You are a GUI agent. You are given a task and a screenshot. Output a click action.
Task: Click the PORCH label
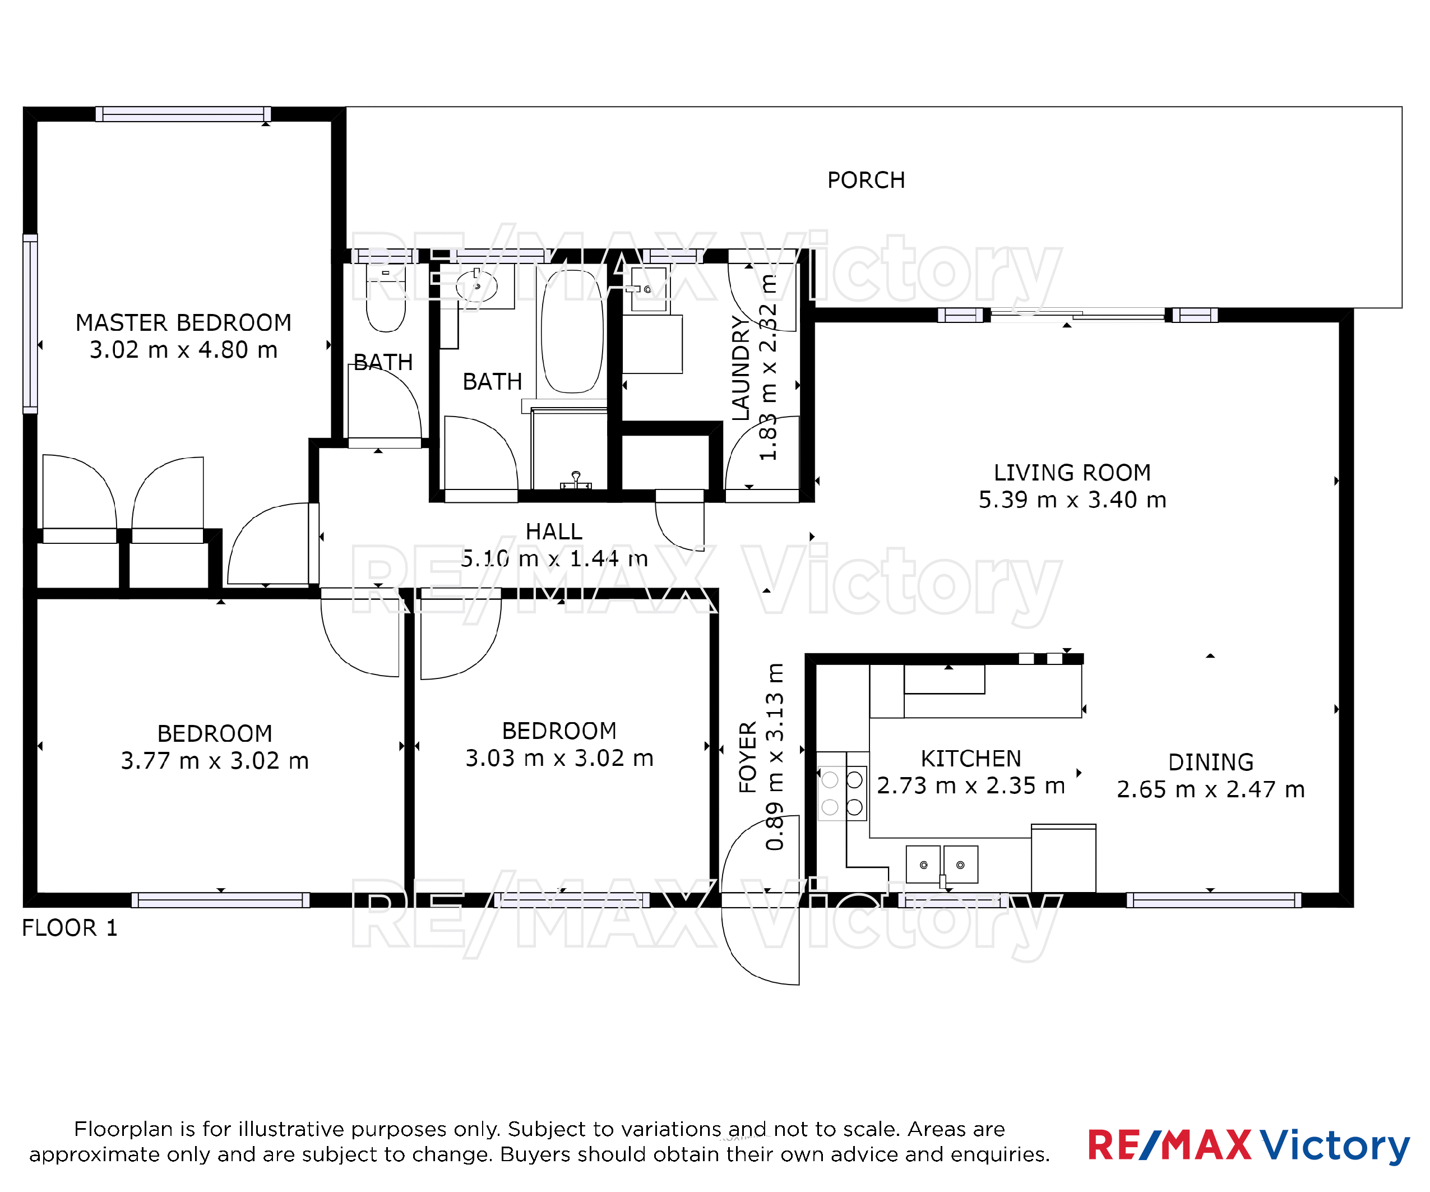[866, 180]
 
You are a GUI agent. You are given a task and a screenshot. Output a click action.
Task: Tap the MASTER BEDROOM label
[183, 322]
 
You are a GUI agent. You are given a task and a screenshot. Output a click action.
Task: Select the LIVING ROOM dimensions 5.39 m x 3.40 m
[1072, 500]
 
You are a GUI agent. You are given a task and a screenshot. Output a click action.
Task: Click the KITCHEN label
[970, 758]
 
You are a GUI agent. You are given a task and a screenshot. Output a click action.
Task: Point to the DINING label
[1211, 761]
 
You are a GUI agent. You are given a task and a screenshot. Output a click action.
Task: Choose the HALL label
[554, 532]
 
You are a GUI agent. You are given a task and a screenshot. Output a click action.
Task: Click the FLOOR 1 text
[70, 928]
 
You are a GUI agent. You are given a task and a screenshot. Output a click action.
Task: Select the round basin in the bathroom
[476, 287]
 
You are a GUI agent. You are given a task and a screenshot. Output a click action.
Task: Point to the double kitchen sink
[942, 865]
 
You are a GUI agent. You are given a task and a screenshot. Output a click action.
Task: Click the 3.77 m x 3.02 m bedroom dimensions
[215, 761]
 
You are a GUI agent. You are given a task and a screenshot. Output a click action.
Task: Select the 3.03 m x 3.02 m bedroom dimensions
[559, 758]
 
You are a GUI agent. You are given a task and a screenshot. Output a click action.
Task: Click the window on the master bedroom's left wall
[30, 324]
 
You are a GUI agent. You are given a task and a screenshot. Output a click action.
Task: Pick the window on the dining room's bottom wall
[1214, 900]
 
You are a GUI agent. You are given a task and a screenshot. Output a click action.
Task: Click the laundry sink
[648, 289]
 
